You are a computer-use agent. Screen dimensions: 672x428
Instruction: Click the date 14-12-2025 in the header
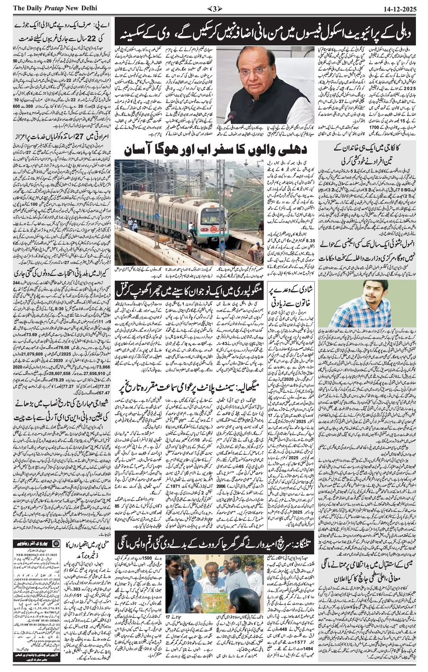pyautogui.click(x=400, y=8)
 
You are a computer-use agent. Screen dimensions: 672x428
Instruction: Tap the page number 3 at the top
pyautogui.click(x=214, y=8)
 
